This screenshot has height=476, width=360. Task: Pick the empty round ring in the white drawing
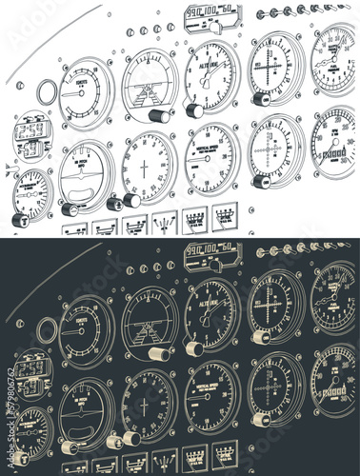46,93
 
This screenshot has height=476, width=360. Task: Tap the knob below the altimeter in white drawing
195,110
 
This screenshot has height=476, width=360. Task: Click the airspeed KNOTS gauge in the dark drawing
87,327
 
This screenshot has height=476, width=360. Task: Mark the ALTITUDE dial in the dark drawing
211,307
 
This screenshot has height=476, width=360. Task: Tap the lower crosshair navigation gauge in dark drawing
276,382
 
